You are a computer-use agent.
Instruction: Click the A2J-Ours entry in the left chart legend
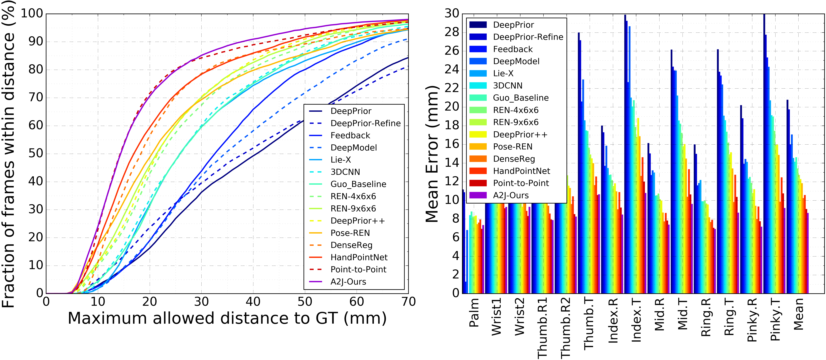click(348, 282)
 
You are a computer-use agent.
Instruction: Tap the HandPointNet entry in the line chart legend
click(359, 257)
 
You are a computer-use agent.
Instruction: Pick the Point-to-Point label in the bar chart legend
click(521, 183)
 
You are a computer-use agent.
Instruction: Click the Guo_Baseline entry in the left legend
click(358, 184)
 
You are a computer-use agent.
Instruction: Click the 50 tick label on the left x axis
click(305, 302)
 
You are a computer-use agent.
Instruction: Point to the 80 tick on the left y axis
click(36, 70)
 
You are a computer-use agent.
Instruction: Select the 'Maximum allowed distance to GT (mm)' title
click(227, 318)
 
